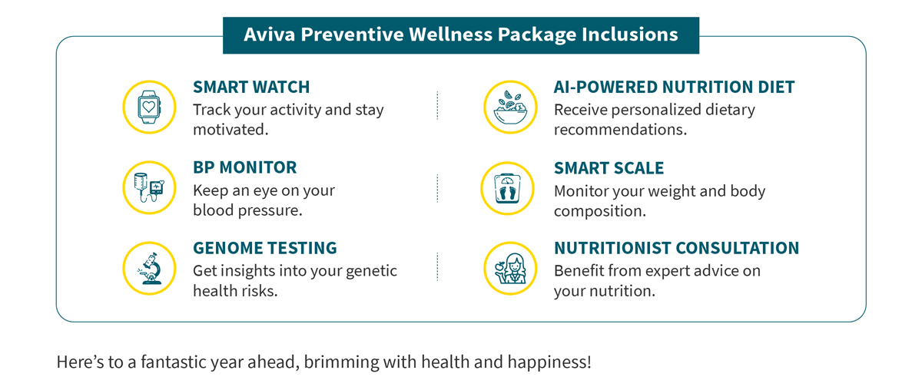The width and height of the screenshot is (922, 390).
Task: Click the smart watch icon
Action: [x=149, y=107]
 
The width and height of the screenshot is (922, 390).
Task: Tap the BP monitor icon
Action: [x=149, y=187]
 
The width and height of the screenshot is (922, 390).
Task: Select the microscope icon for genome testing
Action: [x=149, y=268]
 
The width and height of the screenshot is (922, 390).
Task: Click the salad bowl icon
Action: [x=510, y=107]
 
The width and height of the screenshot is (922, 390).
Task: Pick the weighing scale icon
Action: [x=508, y=188]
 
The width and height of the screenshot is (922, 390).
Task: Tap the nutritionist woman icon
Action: [x=510, y=268]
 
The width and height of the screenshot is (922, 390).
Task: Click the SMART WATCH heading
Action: [x=251, y=87]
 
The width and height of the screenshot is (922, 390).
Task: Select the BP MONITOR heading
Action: [x=245, y=167]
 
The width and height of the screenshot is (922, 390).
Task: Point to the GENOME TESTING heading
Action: [x=265, y=248]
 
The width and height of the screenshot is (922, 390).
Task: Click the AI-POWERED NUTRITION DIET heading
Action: [x=675, y=87]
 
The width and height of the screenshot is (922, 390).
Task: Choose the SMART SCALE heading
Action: [x=609, y=168]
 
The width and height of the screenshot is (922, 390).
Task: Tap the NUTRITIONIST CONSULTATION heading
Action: [x=677, y=248]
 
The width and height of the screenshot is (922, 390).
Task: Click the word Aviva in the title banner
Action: [x=270, y=34]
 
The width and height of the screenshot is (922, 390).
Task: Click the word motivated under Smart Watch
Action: [x=230, y=130]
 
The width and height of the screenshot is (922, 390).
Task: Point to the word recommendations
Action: [x=620, y=130]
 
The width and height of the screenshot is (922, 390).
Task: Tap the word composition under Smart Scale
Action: [x=600, y=211]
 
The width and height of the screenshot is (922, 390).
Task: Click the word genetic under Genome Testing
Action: [x=371, y=271]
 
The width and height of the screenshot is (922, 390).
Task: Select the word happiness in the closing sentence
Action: [x=549, y=362]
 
